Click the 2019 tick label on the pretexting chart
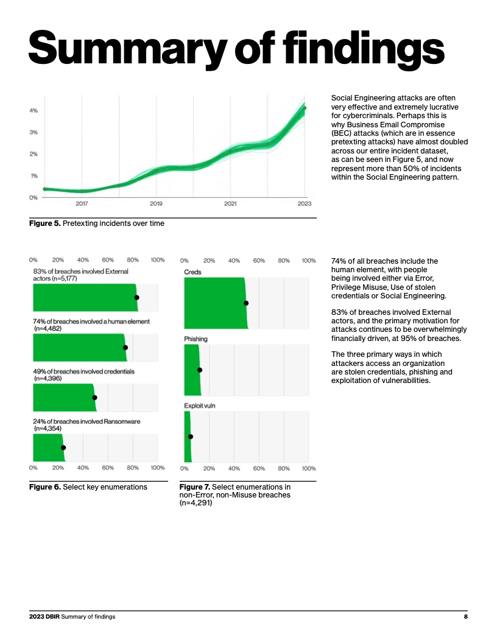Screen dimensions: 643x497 click(x=156, y=203)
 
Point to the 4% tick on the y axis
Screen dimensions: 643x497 click(x=34, y=110)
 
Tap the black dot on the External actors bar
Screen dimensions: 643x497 click(x=136, y=297)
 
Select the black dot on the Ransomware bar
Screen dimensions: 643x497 click(x=63, y=448)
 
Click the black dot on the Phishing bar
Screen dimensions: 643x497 click(x=200, y=370)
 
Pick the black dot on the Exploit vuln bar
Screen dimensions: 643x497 click(x=191, y=436)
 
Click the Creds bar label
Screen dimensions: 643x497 click(x=192, y=272)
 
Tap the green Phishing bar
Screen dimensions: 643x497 click(x=192, y=370)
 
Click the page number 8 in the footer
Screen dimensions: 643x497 click(x=465, y=617)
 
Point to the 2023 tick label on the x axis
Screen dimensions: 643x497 click(x=305, y=203)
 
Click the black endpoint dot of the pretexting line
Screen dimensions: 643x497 click(x=305, y=108)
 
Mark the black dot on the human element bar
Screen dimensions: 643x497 click(x=125, y=347)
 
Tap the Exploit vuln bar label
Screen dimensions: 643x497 click(x=200, y=405)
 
